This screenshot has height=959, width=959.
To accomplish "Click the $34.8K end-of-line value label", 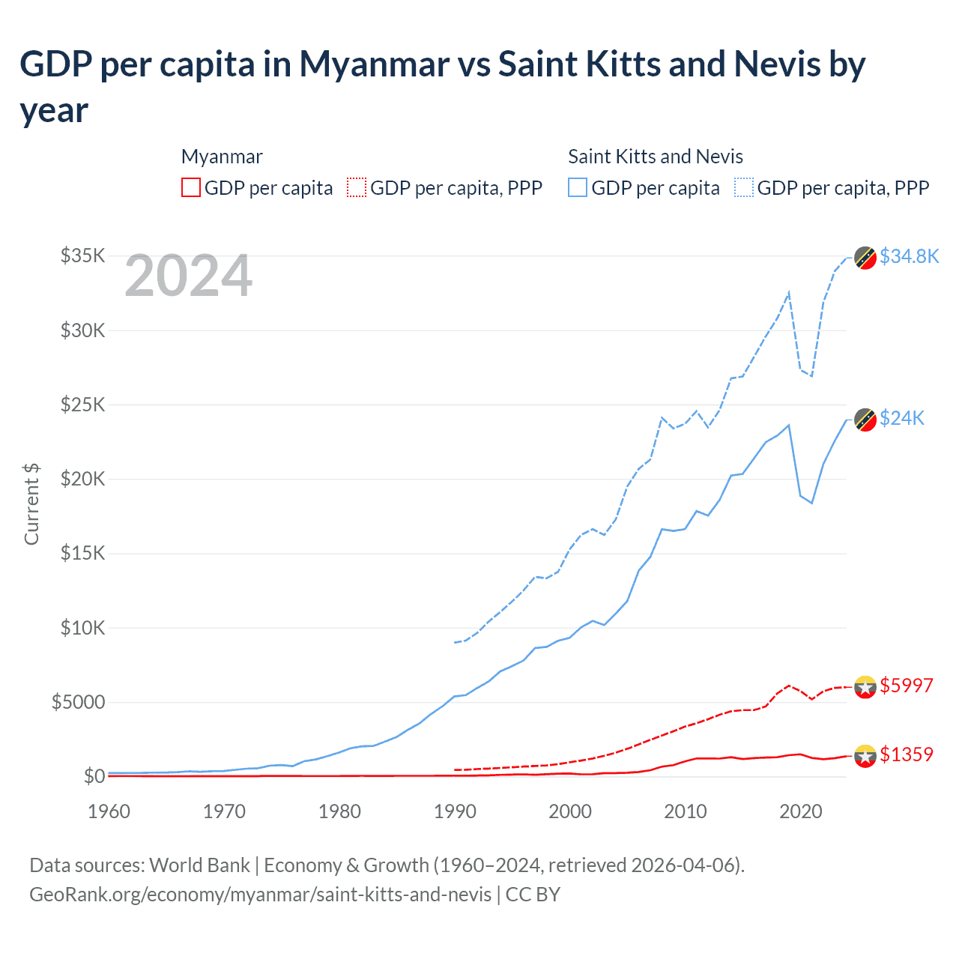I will pos(909,256).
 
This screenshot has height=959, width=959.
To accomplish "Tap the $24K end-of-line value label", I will pos(902,418).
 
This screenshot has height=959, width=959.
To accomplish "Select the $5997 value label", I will pos(907,686).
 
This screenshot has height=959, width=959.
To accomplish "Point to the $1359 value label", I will pos(907,754).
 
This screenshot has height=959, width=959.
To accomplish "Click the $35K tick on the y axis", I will pos(82,255).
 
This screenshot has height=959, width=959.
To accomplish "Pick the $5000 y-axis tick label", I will pos(78,702).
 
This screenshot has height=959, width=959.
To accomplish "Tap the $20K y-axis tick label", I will pos(82,479).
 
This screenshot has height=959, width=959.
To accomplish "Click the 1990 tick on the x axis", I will pos(455,811).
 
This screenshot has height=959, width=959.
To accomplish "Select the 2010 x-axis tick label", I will pos(686,811).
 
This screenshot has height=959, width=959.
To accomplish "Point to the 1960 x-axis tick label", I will pos(109,811).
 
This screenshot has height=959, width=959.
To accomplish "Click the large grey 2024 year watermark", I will pos(188,276).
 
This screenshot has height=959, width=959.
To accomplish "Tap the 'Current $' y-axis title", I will pos(31,504).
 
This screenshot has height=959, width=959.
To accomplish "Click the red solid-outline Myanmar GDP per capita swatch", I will pos(191,187).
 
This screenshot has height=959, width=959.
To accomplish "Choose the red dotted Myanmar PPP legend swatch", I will pos(357,187).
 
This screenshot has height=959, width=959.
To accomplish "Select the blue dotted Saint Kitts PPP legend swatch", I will pos(744,187).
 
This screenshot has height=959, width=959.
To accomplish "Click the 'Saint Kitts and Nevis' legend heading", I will pos(655,157).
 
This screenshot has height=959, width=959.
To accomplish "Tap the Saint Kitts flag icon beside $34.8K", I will pos(865,257).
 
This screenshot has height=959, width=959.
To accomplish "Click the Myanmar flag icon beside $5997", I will pos(865,686).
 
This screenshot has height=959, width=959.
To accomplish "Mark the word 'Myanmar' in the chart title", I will pos(374,64).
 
